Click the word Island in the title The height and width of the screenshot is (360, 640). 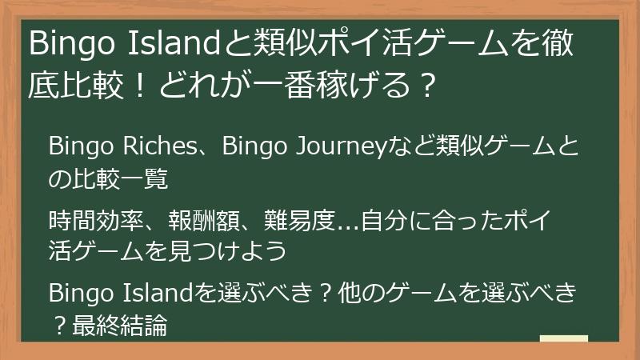tap(167, 45)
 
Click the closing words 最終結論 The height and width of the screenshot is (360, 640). tap(120, 326)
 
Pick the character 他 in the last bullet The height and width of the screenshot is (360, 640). tap(341, 294)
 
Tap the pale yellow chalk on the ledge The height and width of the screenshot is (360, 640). tap(564, 339)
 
